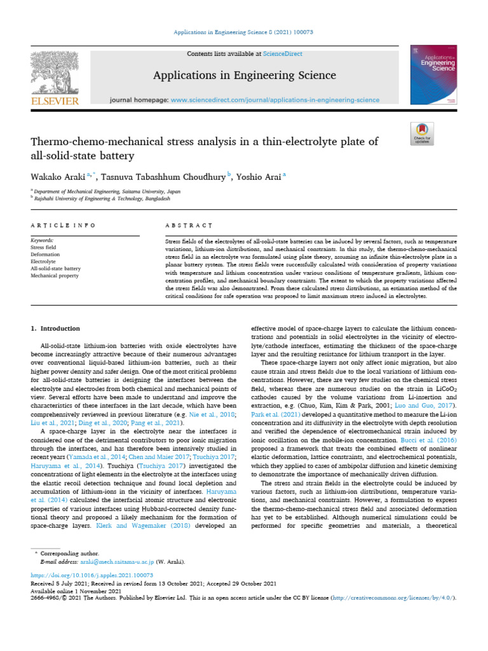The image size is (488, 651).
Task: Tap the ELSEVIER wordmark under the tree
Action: (x=55, y=100)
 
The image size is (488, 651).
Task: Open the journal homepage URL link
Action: (x=275, y=100)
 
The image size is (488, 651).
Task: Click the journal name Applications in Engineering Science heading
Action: (x=244, y=76)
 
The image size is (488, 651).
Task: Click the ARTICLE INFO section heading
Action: (x=63, y=226)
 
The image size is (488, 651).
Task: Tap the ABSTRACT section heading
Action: (x=188, y=226)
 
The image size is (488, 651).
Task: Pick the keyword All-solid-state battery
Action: (x=56, y=269)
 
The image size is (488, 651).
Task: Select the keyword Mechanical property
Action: (x=55, y=276)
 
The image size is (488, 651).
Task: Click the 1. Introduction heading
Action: (x=56, y=329)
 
